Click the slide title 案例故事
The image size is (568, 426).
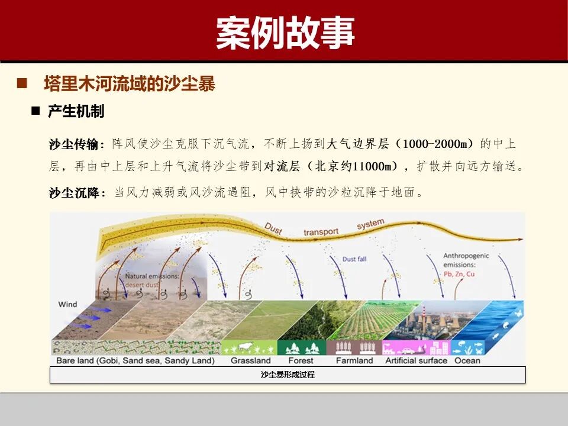tap(285, 32)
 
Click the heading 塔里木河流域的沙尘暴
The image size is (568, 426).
tap(129, 83)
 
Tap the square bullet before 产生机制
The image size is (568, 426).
tap(35, 111)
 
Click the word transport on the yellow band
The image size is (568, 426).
tap(321, 232)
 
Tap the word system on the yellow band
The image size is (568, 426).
tap(370, 224)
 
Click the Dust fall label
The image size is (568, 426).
tap(355, 259)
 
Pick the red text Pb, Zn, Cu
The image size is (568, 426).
tap(459, 275)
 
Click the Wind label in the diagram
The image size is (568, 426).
tap(67, 304)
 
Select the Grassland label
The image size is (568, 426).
tap(250, 360)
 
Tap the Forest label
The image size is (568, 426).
tap(301, 360)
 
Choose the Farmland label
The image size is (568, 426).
tap(354, 360)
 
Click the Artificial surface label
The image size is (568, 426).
tap(416, 360)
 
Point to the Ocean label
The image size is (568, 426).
tap(467, 360)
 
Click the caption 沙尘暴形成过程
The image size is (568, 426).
tap(288, 375)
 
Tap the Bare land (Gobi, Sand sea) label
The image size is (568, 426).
tap(135, 360)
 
